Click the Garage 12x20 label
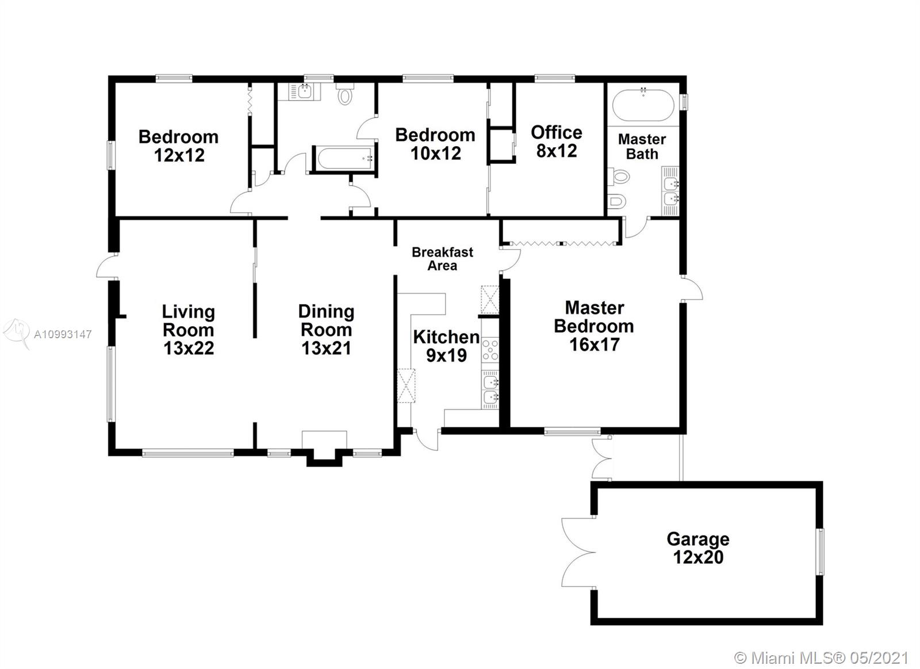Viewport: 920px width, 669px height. (x=698, y=548)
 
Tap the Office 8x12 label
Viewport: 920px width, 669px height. (x=557, y=142)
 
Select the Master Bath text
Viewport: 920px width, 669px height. (x=642, y=147)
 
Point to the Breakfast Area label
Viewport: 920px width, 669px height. (x=442, y=259)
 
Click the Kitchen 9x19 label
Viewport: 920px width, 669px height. (x=446, y=346)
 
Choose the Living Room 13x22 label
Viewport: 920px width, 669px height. (x=189, y=330)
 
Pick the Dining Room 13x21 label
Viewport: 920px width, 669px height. (x=327, y=330)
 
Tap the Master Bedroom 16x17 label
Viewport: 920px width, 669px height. (x=594, y=326)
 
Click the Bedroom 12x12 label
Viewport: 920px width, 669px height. (x=179, y=146)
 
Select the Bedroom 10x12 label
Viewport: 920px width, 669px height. (x=435, y=144)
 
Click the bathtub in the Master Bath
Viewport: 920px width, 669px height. (x=643, y=105)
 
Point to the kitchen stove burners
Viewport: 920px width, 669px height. (x=490, y=350)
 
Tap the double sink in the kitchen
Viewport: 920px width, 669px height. (x=490, y=389)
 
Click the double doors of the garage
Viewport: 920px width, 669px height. (x=578, y=552)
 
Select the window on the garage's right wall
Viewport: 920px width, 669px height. (x=820, y=552)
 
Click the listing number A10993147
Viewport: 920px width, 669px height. (x=63, y=335)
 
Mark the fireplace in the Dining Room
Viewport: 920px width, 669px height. (x=324, y=448)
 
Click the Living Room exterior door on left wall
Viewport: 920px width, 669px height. (x=107, y=266)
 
